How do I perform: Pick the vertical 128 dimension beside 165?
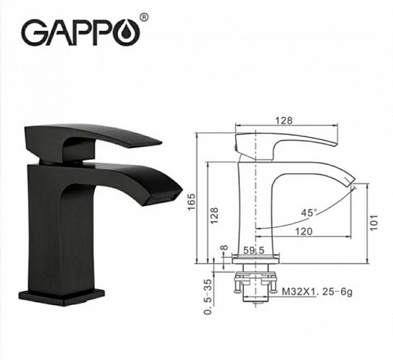215,215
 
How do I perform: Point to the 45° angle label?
309,212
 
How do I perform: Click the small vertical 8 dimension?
225,250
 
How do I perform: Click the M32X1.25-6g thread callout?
317,292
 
